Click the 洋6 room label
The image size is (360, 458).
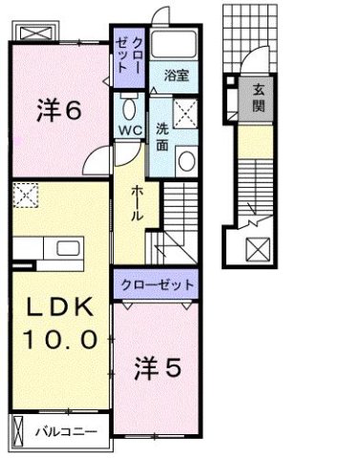(x=59, y=112)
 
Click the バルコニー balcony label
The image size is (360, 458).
(x=66, y=431)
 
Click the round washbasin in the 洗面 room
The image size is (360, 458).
(x=187, y=159)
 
